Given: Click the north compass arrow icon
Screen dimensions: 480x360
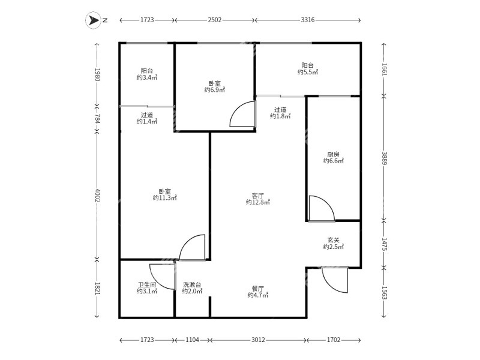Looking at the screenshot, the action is [x=93, y=20].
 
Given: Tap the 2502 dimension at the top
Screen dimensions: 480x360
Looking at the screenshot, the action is [x=215, y=20].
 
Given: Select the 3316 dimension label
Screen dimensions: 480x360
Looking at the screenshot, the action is [x=308, y=20].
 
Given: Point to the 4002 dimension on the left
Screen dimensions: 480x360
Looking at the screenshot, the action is [x=97, y=195].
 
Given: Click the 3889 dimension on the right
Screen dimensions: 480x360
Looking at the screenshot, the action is [x=384, y=158].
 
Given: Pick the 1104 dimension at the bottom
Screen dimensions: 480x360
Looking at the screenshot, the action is [x=192, y=340].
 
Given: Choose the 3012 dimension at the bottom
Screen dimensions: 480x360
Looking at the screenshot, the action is [x=258, y=340].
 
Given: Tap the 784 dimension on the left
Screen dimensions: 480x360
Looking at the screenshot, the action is [x=97, y=118].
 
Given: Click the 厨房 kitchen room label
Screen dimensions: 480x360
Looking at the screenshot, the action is [x=333, y=154].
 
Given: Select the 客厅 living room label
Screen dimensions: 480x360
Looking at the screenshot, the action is [x=258, y=196].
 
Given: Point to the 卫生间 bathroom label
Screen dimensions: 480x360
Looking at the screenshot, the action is [x=147, y=284].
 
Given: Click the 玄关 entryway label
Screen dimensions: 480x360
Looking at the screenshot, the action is [x=334, y=240].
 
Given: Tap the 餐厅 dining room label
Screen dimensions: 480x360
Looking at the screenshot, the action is [x=258, y=289].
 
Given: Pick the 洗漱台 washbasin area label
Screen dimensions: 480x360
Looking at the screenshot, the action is [x=192, y=284].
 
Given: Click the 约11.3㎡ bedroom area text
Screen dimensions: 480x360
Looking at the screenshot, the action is [x=165, y=198].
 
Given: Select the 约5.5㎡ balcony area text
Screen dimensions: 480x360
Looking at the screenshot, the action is [x=308, y=72].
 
